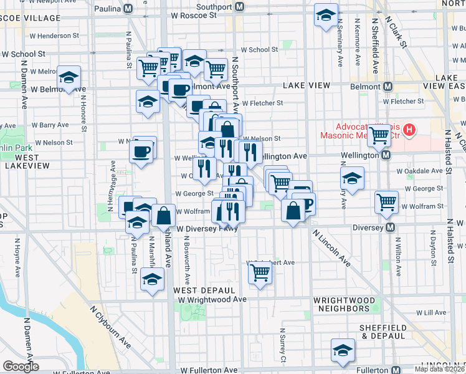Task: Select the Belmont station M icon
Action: click(x=388, y=86)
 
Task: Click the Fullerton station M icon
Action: click(x=394, y=370)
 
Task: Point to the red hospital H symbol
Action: click(x=409, y=130)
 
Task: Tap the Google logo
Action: click(x=21, y=367)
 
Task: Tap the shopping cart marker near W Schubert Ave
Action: click(x=259, y=272)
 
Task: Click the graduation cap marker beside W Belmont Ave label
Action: click(x=69, y=77)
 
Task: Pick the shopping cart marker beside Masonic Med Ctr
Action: click(x=379, y=135)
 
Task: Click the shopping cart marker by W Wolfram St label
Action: click(x=387, y=201)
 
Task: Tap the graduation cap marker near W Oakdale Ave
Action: click(x=352, y=178)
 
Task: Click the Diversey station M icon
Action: click(x=391, y=228)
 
